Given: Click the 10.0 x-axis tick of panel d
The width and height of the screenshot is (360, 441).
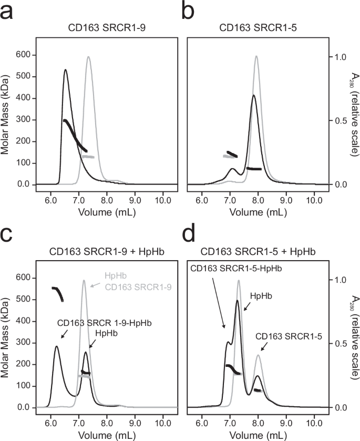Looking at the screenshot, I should (314, 422).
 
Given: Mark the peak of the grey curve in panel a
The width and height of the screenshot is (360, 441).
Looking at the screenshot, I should (88, 57).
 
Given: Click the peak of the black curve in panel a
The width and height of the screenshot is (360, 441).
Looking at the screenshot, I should (65, 69).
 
